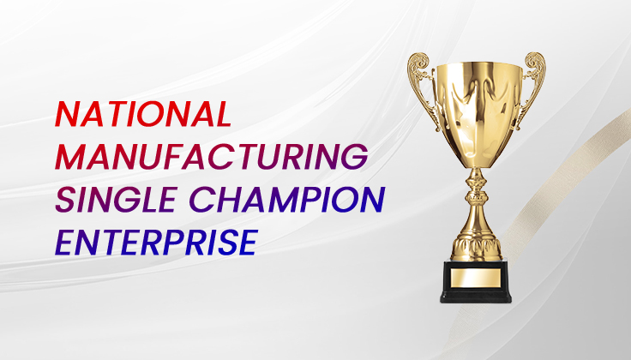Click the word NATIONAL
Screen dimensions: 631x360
click(x=144, y=114)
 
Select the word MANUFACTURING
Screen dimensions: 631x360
click(x=212, y=156)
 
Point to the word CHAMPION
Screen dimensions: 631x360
click(x=287, y=199)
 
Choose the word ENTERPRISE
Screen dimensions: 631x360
click(x=157, y=243)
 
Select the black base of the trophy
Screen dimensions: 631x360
click(x=476, y=281)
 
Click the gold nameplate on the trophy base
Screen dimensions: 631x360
click(x=475, y=278)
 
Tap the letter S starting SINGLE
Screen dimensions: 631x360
click(x=66, y=200)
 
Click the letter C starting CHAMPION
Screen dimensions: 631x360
click(x=201, y=200)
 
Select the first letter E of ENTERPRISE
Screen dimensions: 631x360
click(x=64, y=243)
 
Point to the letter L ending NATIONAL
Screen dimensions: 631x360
click(x=223, y=114)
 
